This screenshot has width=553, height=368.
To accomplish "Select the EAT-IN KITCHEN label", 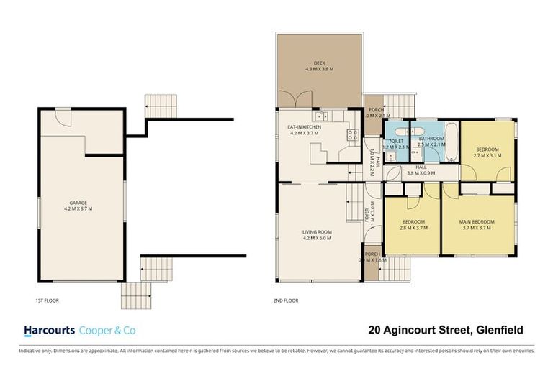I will [x=304, y=127].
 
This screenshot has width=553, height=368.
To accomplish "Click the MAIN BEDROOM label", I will [x=475, y=221].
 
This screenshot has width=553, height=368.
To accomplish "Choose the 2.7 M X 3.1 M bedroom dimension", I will [x=487, y=155].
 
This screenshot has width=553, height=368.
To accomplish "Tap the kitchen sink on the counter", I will [x=320, y=116].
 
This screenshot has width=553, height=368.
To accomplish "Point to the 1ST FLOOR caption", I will [x=46, y=300].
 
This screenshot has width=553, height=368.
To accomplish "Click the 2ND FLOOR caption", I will [x=285, y=300].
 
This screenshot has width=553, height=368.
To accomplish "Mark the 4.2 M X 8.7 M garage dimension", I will [x=81, y=209].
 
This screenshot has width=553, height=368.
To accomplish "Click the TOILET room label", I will [x=397, y=141].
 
